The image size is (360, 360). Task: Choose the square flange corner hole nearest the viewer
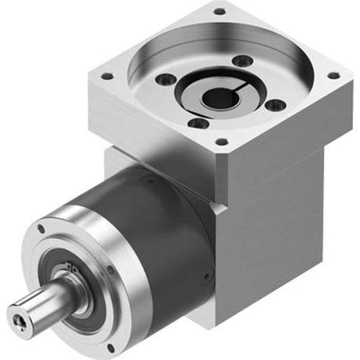(x=221, y=141)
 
